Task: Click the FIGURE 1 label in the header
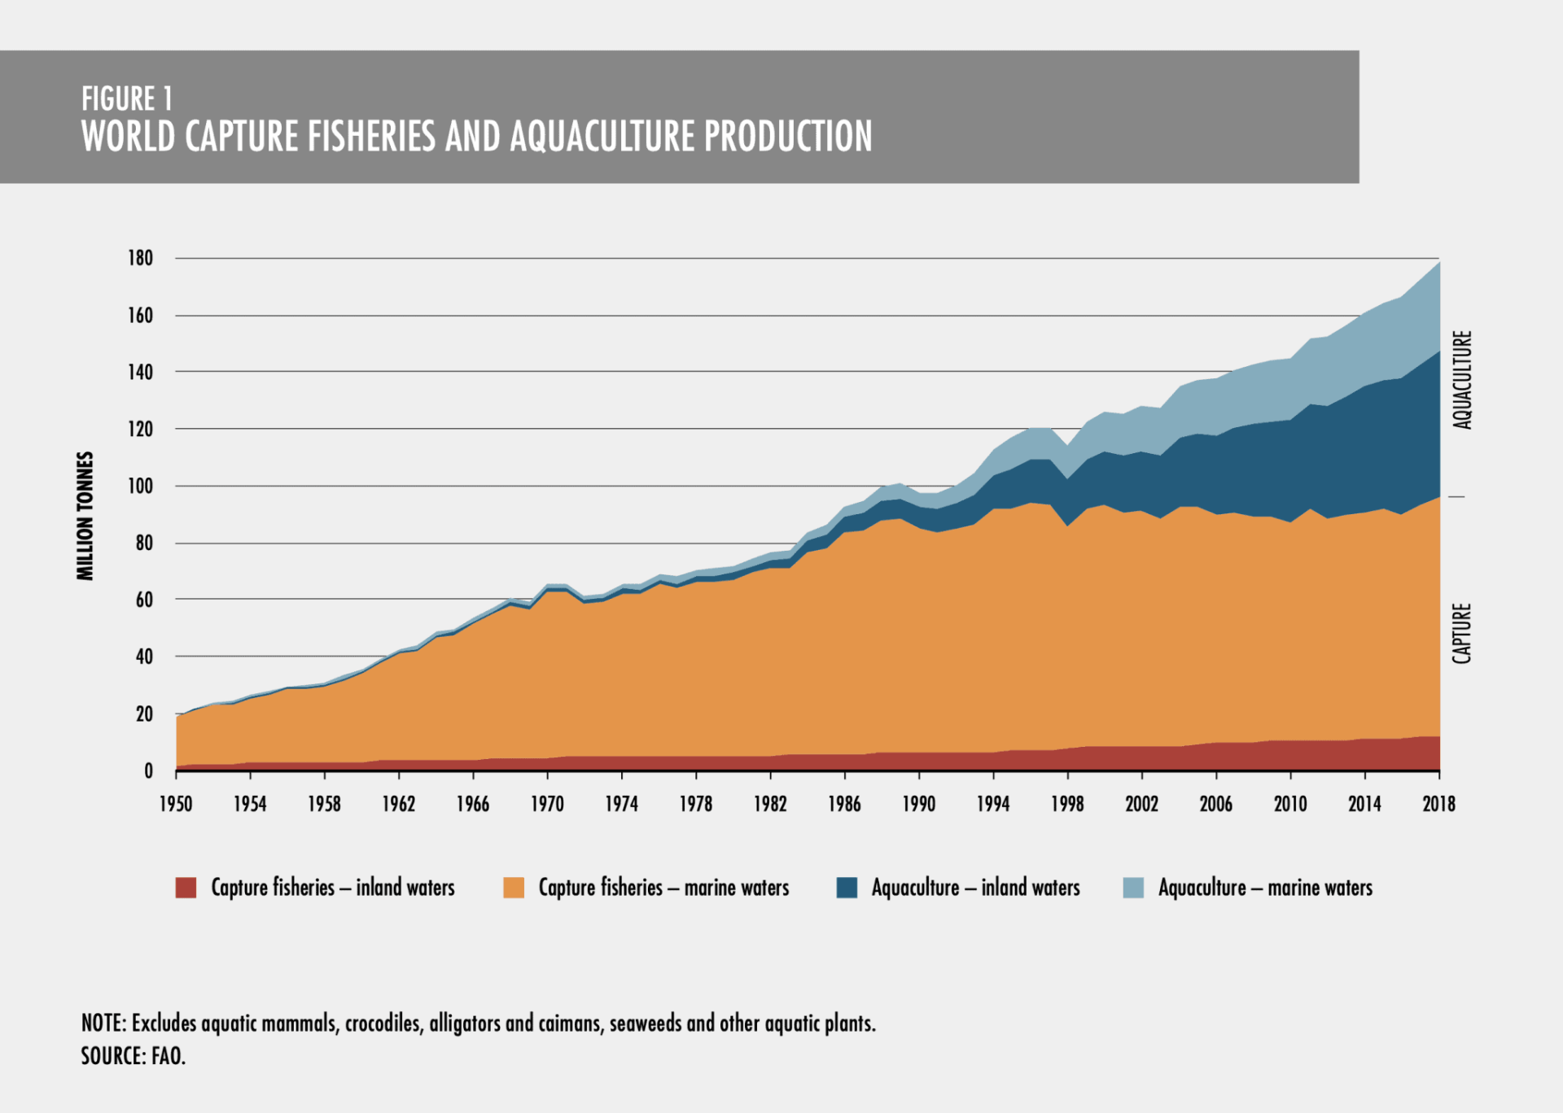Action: coord(127,99)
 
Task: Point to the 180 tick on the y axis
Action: coord(140,258)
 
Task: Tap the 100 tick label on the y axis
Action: coord(140,486)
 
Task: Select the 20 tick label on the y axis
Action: coord(144,714)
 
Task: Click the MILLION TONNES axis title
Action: coord(85,516)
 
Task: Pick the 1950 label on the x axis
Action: coord(176,804)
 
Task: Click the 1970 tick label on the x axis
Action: coord(547,804)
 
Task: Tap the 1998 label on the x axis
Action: coord(1067,804)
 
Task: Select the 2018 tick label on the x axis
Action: coord(1438,804)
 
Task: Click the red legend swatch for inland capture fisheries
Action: coord(186,888)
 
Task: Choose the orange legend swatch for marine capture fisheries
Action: coord(514,888)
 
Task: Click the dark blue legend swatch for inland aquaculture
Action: coord(847,888)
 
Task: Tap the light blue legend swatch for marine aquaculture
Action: coord(1133,888)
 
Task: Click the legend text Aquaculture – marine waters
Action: coord(1265,888)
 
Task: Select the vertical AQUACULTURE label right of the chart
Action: coord(1463,379)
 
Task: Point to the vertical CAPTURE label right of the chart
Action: coord(1463,633)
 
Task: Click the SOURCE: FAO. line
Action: coord(134,1056)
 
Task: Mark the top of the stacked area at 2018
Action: coord(1439,262)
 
